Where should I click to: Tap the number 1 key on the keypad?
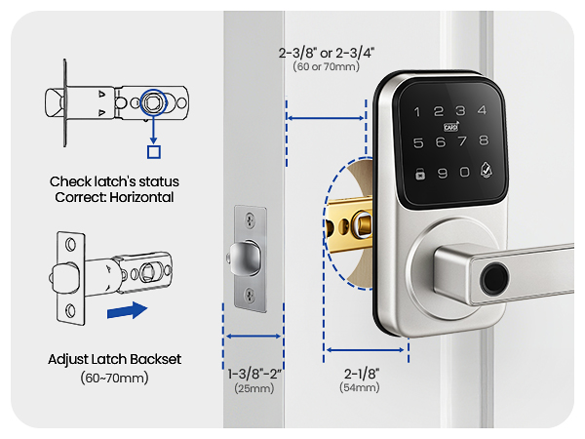[x=416, y=113]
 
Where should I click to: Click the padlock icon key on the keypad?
[x=418, y=177]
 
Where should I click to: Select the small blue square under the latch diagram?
[x=151, y=151]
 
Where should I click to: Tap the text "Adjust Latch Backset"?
[x=114, y=359]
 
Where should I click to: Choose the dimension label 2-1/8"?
[x=360, y=372]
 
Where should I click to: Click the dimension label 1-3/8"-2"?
[x=253, y=372]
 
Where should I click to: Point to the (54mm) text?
[x=360, y=387]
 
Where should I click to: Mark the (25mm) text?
[x=253, y=387]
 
